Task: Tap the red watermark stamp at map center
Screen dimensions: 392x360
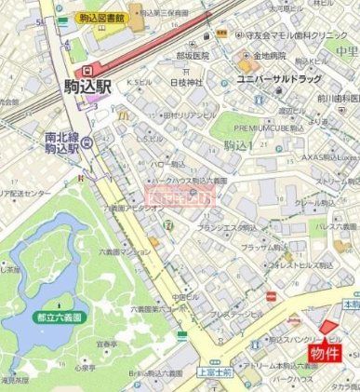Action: [180, 196]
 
